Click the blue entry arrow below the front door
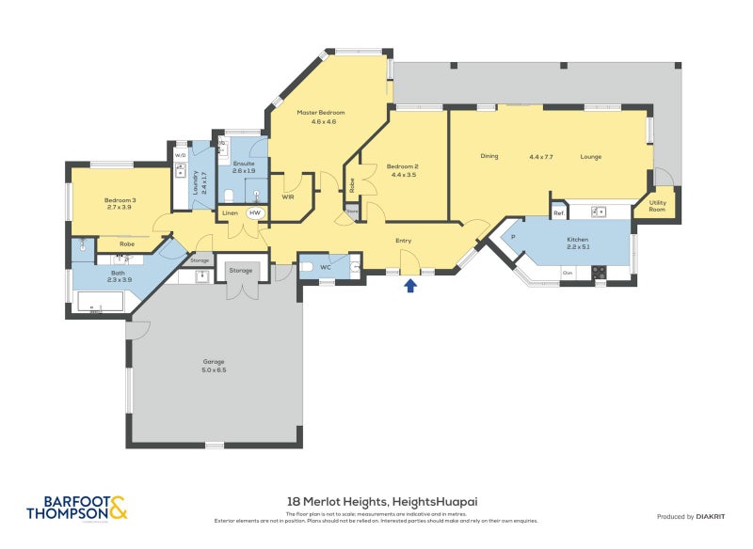(410, 285)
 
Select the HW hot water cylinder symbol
(254, 213)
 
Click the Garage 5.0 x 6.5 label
(215, 365)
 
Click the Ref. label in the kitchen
(558, 213)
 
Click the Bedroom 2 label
(403, 170)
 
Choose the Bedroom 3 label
(120, 203)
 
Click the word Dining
(489, 156)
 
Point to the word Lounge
(590, 156)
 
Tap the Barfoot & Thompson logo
(74, 508)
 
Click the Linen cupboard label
(231, 213)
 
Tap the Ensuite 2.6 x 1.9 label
(244, 167)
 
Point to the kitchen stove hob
(598, 273)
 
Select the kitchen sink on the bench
(598, 212)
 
